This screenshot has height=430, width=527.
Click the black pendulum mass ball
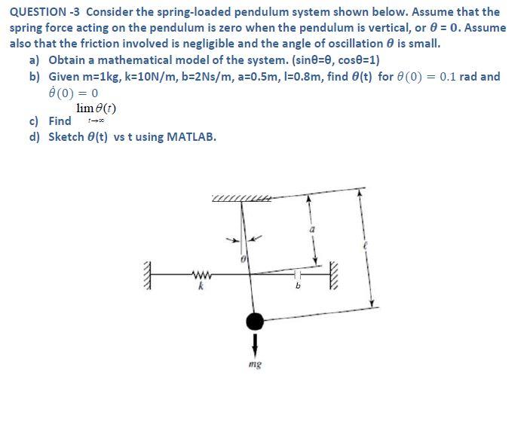[256, 322]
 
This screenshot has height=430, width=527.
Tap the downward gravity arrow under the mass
[256, 343]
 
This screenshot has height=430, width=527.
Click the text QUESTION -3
[45, 11]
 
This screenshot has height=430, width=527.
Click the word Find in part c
[60, 120]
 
